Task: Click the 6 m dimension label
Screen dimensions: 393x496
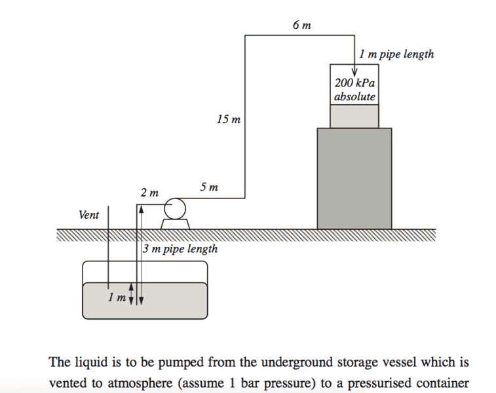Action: click(302, 26)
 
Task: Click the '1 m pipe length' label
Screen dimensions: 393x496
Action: click(396, 54)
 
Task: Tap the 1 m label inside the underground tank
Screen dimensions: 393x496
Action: click(117, 299)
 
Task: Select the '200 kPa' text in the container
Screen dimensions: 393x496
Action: click(354, 84)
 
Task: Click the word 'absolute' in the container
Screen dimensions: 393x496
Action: click(354, 97)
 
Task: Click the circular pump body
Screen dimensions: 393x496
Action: click(175, 209)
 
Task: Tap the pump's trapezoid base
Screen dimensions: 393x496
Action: click(175, 224)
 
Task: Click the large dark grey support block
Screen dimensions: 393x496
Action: click(354, 178)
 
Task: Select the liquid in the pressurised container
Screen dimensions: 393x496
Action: click(354, 116)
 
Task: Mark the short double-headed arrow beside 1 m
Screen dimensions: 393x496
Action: click(130, 294)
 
